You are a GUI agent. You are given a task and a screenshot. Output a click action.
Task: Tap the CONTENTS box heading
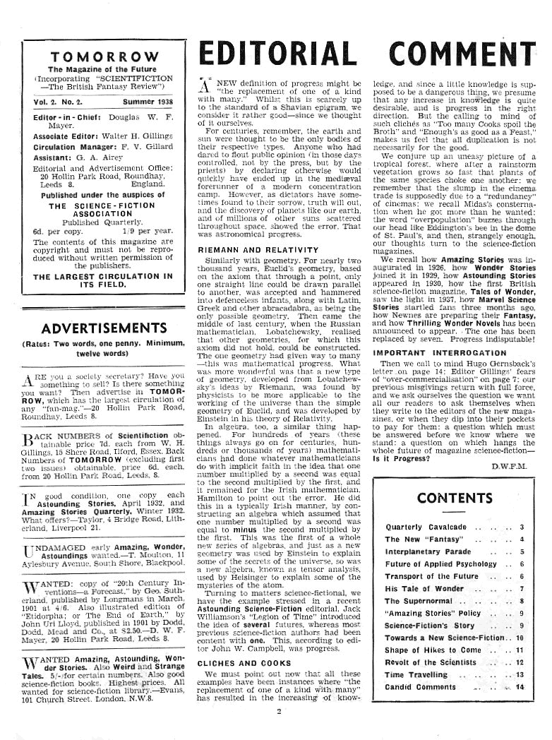(454, 498)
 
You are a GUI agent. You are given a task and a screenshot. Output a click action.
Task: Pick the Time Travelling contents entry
(425, 675)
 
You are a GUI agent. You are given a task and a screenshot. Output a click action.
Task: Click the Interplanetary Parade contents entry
(428, 551)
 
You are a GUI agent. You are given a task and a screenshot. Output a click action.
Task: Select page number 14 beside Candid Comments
(521, 687)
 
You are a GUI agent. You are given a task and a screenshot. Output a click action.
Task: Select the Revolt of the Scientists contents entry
(430, 662)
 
